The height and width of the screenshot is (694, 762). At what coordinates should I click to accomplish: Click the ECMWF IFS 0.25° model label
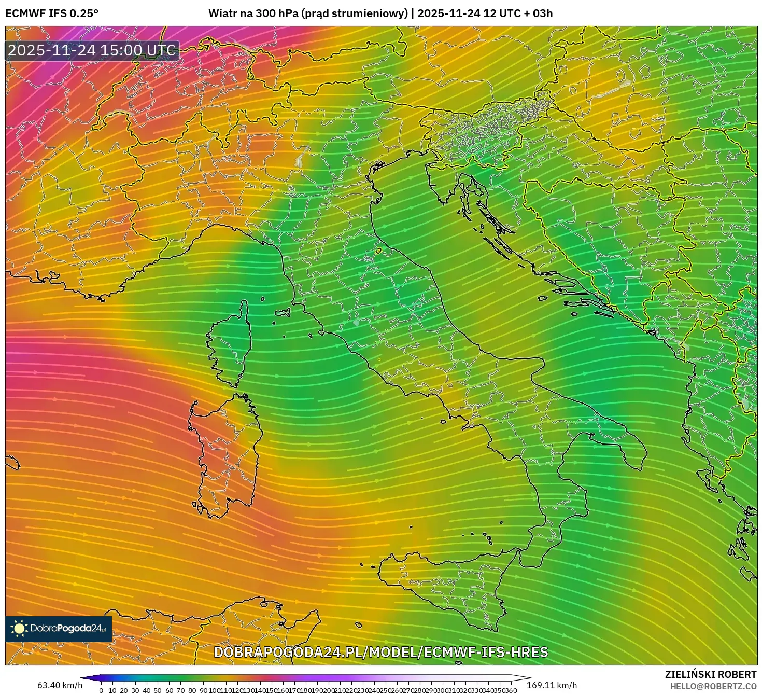pyautogui.click(x=52, y=13)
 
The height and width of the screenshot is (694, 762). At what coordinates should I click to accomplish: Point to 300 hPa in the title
pyautogui.click(x=277, y=13)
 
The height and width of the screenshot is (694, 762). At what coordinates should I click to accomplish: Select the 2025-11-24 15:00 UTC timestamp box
pyautogui.click(x=92, y=50)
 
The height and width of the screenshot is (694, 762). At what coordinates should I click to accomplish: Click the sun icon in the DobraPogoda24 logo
pyautogui.click(x=19, y=629)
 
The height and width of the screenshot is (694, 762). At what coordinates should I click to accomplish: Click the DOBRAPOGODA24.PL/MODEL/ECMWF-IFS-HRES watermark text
pyautogui.click(x=380, y=652)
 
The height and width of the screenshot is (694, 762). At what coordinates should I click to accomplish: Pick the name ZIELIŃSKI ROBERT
pyautogui.click(x=710, y=674)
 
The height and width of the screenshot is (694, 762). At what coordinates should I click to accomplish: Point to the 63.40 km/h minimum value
pyautogui.click(x=60, y=685)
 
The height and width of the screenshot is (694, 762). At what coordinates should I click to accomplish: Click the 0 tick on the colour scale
pyautogui.click(x=101, y=690)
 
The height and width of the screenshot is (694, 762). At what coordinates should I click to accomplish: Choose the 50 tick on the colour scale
pyautogui.click(x=158, y=690)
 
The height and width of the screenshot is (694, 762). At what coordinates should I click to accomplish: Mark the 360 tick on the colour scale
pyautogui.click(x=511, y=690)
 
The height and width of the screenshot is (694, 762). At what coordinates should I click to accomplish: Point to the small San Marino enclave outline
pyautogui.click(x=379, y=251)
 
